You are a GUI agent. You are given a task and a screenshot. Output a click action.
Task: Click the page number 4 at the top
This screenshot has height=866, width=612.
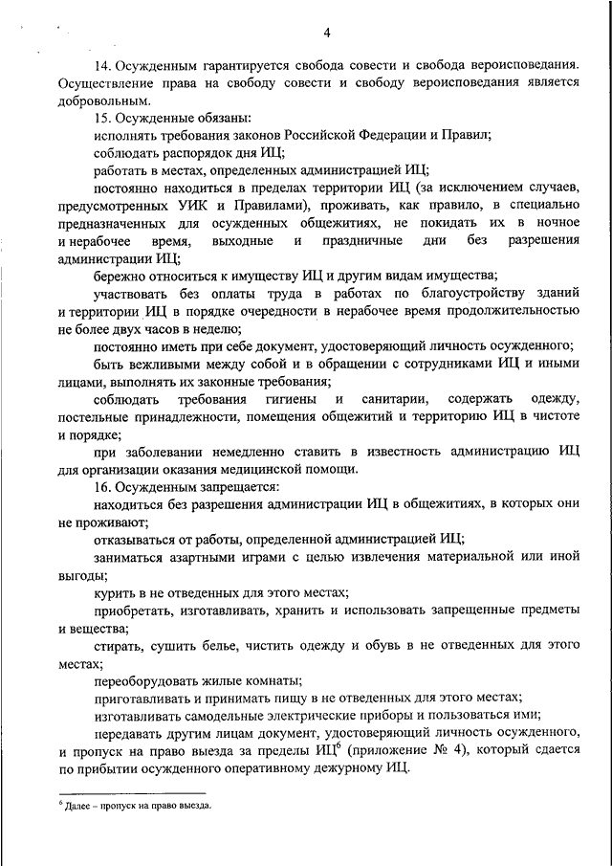pos(326,34)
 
